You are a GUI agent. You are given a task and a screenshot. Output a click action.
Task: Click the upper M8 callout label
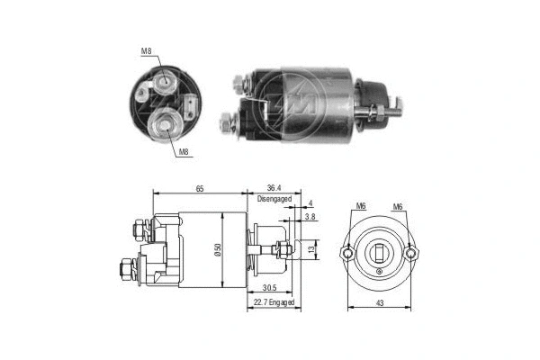coord(147,51)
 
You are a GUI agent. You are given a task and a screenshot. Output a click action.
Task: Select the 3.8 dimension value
coord(310,217)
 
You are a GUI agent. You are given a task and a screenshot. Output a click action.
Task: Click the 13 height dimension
coord(311,249)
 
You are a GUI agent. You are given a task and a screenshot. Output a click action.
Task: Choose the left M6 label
coord(360,206)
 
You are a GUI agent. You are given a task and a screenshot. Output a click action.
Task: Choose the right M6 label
coord(397,206)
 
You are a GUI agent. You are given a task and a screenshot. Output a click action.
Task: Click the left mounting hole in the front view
coord(346,253)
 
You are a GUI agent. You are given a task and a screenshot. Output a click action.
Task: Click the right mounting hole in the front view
coord(411,253)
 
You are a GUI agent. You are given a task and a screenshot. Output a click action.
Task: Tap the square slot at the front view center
coord(379,251)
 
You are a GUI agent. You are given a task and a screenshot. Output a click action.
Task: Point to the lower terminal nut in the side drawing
coord(126,268)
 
